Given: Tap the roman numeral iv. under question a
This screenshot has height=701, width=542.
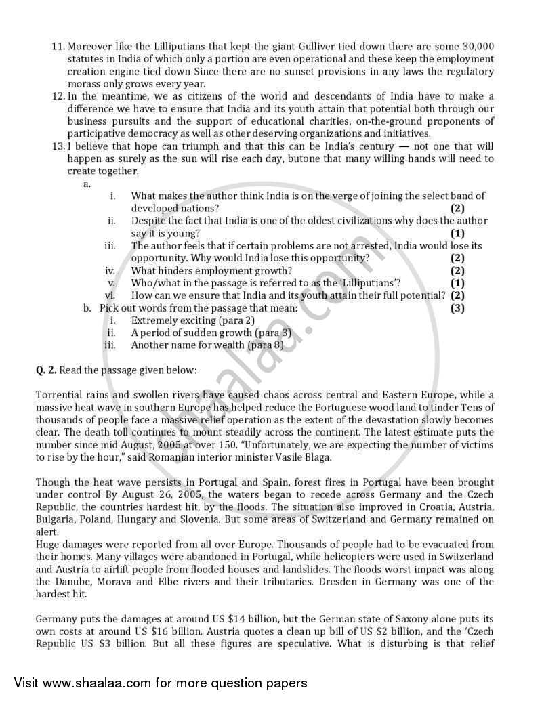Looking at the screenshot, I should pos(110,270).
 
